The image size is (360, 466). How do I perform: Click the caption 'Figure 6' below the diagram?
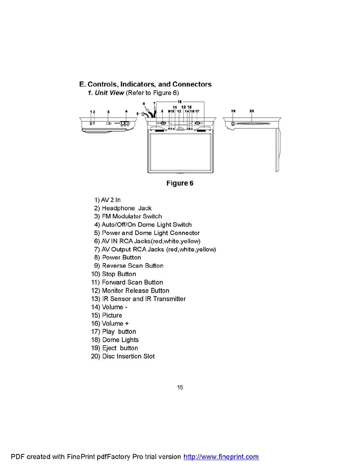click(180, 183)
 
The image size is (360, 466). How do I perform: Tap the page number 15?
click(180, 387)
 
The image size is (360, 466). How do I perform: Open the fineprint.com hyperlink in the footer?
click(221, 457)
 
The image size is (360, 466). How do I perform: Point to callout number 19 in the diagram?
click(233, 111)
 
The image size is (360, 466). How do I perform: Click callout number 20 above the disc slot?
click(252, 111)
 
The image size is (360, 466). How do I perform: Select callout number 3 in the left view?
click(108, 112)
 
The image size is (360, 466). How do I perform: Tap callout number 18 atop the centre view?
click(180, 102)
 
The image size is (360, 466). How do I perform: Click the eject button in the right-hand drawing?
click(233, 123)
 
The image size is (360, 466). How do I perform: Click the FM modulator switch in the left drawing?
click(108, 123)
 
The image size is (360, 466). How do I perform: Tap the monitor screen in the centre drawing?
click(180, 152)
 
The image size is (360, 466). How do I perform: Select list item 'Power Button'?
click(121, 257)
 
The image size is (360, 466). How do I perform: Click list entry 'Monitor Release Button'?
click(136, 290)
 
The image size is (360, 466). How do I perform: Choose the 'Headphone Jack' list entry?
click(127, 208)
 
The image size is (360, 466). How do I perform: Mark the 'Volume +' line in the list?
click(115, 323)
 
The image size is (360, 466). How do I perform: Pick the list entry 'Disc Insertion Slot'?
click(128, 356)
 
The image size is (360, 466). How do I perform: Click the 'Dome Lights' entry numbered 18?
click(120, 340)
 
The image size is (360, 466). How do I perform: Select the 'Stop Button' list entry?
click(119, 274)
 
